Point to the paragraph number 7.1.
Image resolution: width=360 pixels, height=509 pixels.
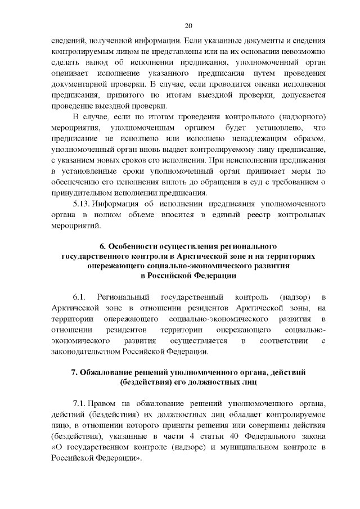pos(79,404)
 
